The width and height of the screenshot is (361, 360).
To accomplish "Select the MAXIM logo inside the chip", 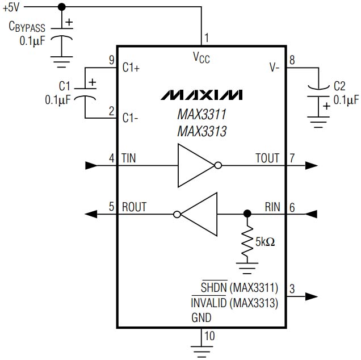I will coord(202,94).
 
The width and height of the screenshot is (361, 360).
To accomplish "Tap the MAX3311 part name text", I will coord(202,115).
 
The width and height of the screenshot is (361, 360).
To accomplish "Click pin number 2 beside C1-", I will coord(112,112).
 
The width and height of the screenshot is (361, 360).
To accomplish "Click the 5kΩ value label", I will coord(265,241).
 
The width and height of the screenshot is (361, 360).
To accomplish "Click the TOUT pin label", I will coord(268,158).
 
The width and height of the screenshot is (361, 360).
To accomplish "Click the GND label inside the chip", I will coord(202,318).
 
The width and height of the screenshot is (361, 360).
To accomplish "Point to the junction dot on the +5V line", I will coord(62,6).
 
